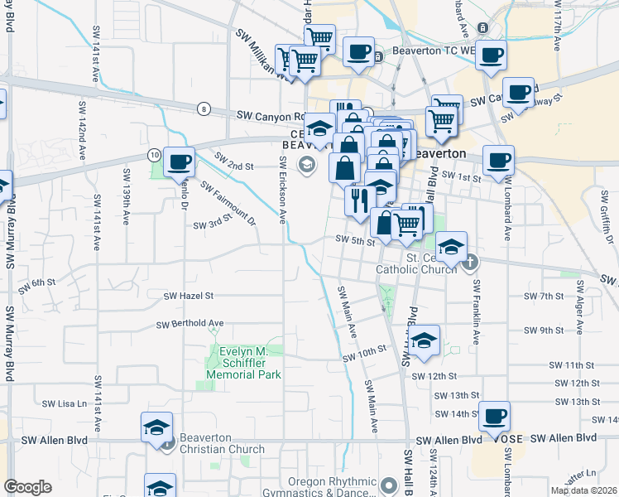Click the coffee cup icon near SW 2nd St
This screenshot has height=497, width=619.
click(179, 161)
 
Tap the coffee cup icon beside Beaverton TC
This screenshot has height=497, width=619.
click(358, 52)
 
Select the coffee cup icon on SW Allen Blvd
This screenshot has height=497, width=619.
click(494, 415)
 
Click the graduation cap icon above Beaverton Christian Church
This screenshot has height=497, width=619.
click(156, 427)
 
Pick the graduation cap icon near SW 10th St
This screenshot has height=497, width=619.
click(424, 340)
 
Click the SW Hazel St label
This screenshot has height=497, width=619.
click(189, 296)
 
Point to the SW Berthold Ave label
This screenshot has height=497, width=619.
click(194, 323)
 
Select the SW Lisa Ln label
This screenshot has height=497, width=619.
click(65, 404)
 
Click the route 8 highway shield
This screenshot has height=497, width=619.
click(204, 109)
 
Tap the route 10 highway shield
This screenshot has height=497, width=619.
click(154, 155)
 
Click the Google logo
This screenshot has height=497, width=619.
click(27, 487)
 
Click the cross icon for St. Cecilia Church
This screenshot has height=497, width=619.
click(470, 263)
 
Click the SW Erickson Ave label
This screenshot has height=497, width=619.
click(282, 190)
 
